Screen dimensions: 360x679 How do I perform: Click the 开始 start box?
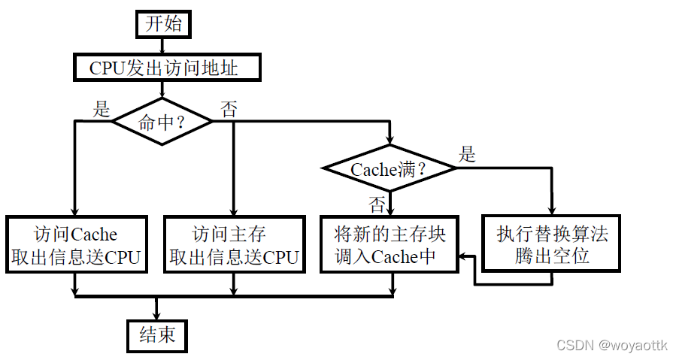point(163,23)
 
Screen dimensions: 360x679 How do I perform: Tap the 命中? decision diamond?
point(162,122)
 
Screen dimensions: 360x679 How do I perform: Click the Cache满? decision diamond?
point(390,169)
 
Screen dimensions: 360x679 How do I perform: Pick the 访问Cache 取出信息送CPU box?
point(75,245)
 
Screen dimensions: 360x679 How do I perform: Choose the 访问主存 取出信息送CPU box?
point(234,245)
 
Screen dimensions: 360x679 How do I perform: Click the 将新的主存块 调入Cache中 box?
point(390,245)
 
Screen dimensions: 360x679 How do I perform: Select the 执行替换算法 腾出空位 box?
point(552,245)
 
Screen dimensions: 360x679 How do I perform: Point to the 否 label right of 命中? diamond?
point(228,110)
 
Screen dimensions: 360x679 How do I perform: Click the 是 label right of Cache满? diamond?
point(468,156)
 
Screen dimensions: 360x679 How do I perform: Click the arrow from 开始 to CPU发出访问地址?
point(163,45)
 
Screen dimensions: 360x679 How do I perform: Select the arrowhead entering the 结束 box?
point(157,316)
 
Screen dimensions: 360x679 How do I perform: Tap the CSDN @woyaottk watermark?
point(611,345)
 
